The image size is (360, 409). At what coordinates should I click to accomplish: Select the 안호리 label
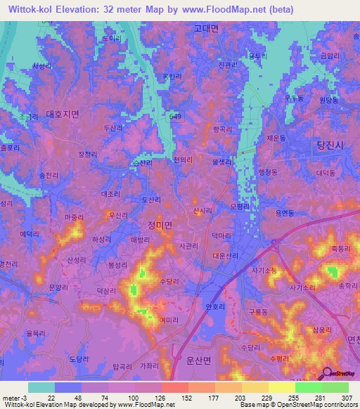click(x=214, y=306)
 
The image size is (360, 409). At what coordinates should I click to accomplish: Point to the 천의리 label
click(x=183, y=160)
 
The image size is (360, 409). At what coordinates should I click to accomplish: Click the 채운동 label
click(x=277, y=140)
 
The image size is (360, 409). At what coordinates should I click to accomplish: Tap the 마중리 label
click(x=74, y=218)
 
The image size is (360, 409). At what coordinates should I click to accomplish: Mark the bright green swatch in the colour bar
click(x=309, y=387)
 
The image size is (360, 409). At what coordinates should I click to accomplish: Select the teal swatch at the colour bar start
click(x=41, y=387)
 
